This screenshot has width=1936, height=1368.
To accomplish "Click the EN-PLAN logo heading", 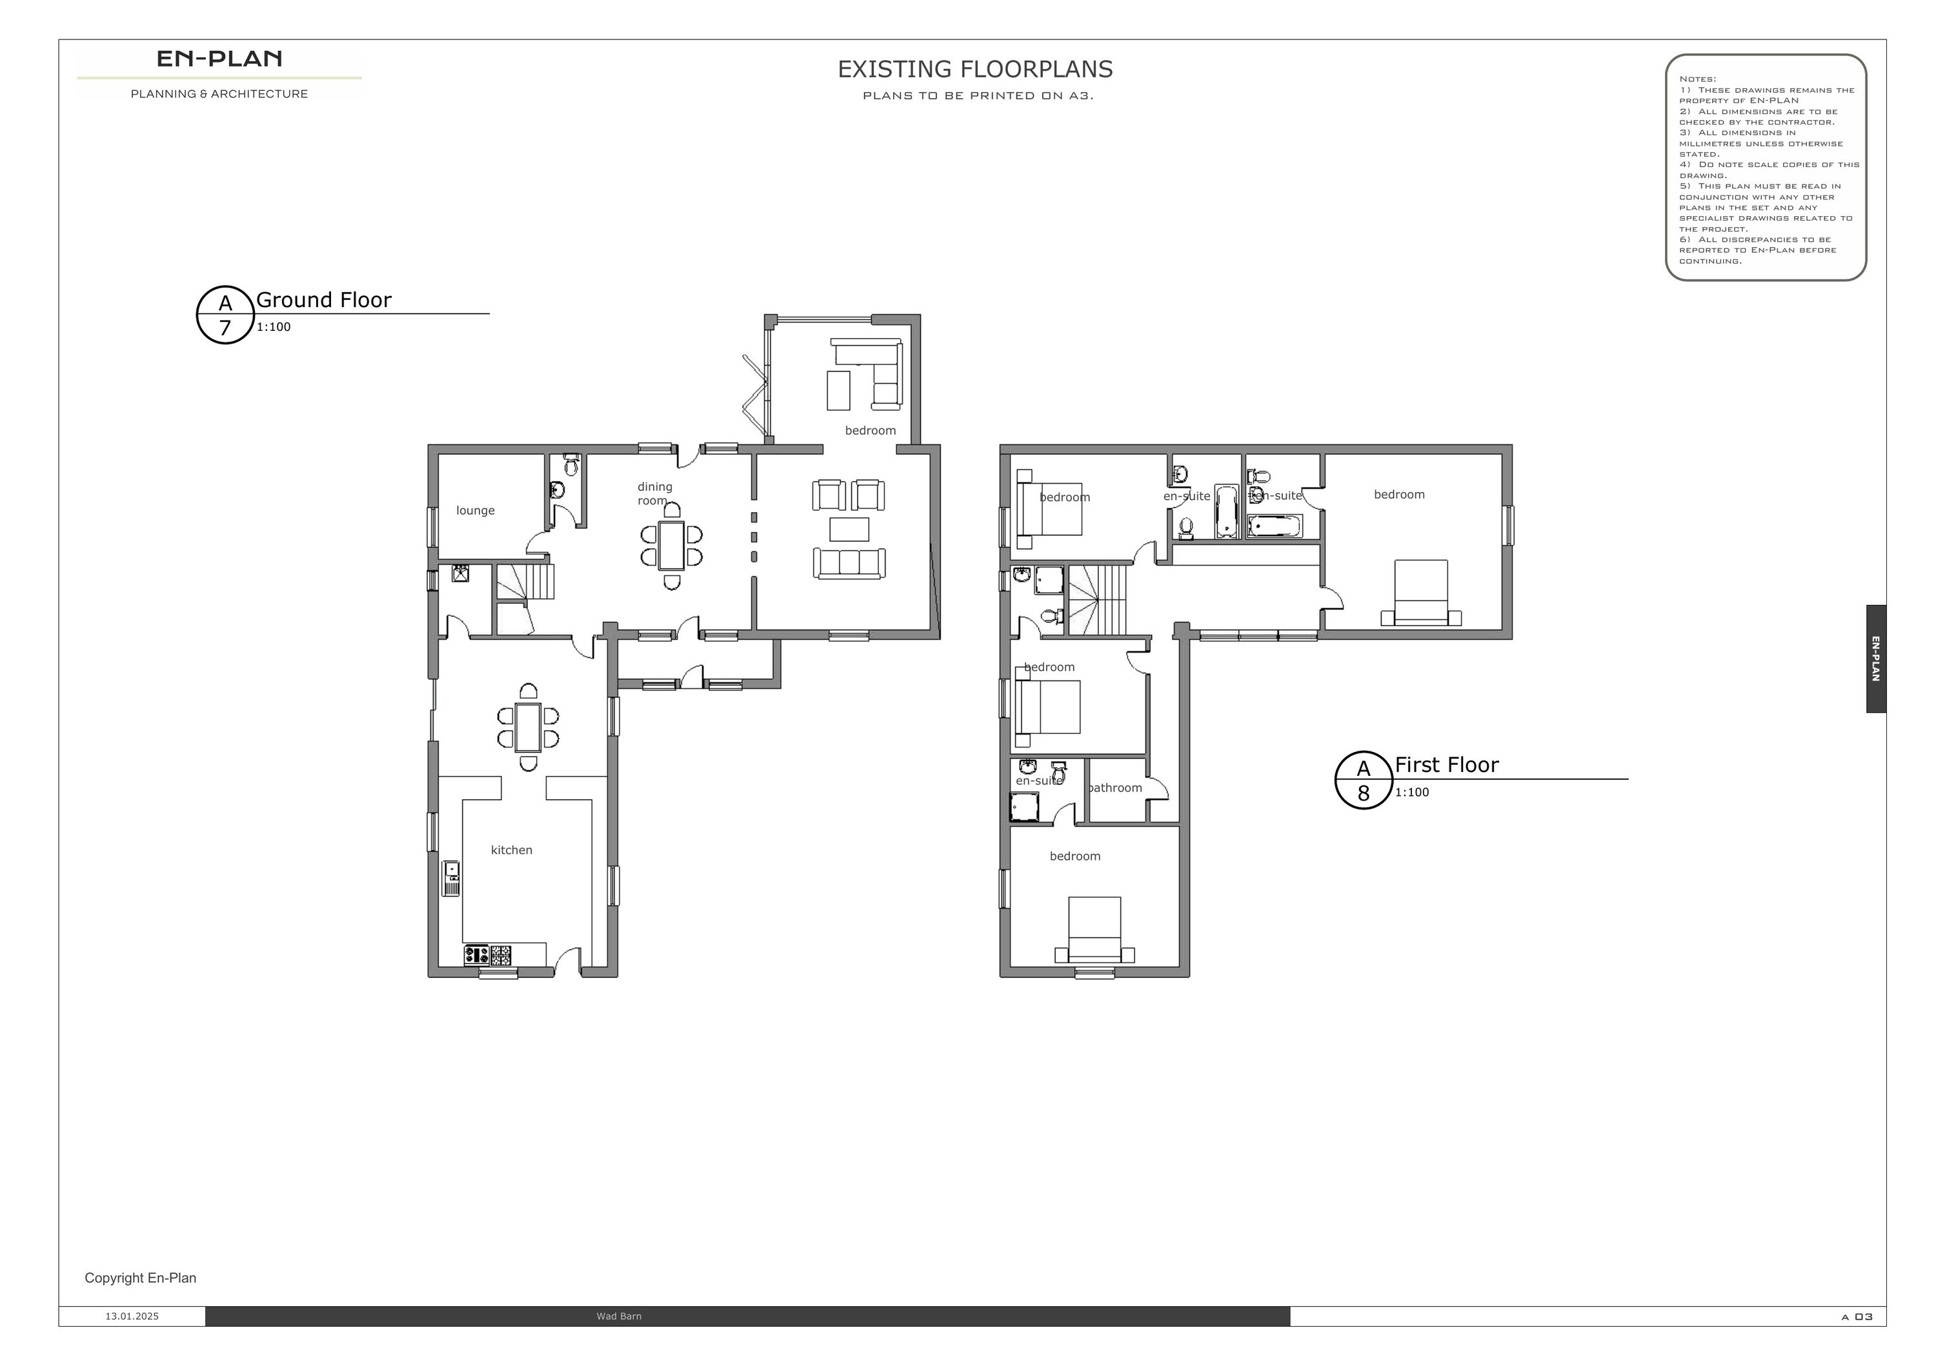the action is click(219, 59).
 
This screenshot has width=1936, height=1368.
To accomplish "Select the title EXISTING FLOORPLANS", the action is click(974, 69).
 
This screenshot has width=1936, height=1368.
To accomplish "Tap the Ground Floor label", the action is click(324, 299).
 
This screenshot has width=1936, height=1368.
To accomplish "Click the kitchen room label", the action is click(512, 849).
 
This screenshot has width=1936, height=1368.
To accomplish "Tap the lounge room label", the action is click(476, 511).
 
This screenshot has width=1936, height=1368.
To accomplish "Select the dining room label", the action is click(654, 493).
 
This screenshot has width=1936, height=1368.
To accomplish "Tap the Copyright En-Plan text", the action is click(141, 1278).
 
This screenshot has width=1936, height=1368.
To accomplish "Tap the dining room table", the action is click(672, 546).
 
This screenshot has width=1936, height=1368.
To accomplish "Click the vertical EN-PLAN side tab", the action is click(1876, 659).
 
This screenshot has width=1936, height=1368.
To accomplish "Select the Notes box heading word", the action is click(1697, 79).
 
